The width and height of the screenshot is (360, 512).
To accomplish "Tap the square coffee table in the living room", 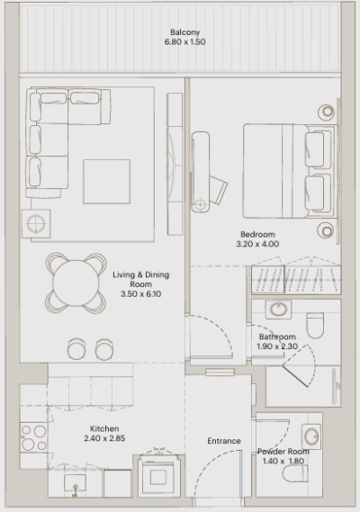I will (x=106, y=182).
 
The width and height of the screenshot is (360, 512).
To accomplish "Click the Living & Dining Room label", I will (x=139, y=279).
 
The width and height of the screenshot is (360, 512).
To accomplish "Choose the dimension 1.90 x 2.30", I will (x=278, y=346).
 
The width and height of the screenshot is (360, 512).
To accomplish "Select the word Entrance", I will (x=224, y=441).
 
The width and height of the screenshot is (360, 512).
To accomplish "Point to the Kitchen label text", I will (x=104, y=429).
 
